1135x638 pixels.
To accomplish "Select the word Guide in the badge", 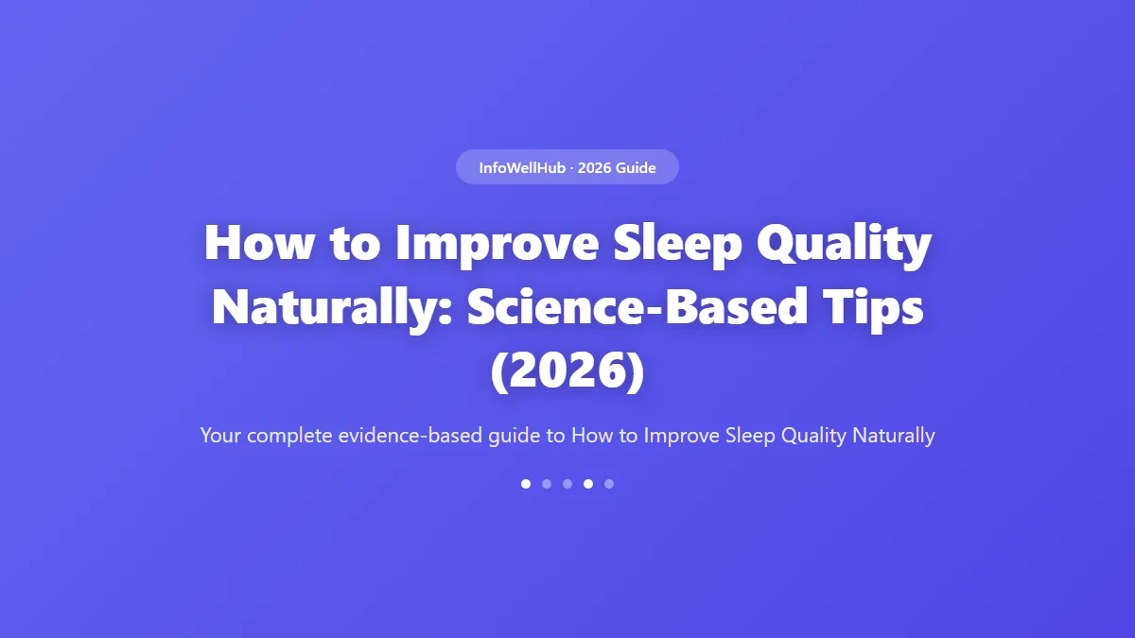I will pyautogui.click(x=636, y=167).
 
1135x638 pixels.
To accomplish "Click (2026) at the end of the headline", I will pyautogui.click(x=567, y=371).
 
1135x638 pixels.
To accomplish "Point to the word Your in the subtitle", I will pyautogui.click(x=219, y=436).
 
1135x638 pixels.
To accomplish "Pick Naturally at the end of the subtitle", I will pyautogui.click(x=893, y=436).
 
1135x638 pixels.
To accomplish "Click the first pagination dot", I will pyautogui.click(x=526, y=484).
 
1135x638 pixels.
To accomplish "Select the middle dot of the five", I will pyautogui.click(x=567, y=484).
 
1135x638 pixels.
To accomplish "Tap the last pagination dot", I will pyautogui.click(x=609, y=484).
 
